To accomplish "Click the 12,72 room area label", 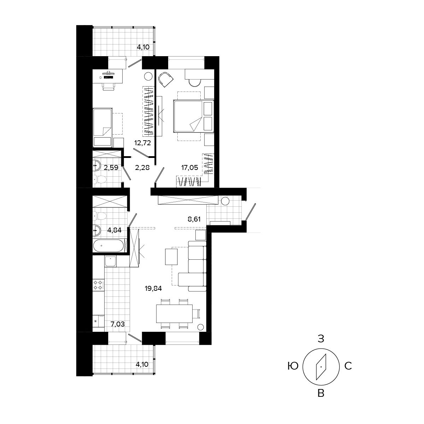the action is (x=143, y=143).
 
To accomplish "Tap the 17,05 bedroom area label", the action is (x=189, y=168).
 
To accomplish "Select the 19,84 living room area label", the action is (x=153, y=288).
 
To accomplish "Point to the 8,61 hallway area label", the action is (x=194, y=219).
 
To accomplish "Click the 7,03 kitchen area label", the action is (x=118, y=324).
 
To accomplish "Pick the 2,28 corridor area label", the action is (x=142, y=168).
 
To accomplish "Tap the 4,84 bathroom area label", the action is (x=114, y=230).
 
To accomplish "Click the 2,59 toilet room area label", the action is (x=111, y=168).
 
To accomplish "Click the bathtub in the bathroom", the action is (x=109, y=245).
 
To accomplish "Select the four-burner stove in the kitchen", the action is (x=99, y=284).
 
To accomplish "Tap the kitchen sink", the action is (x=111, y=261).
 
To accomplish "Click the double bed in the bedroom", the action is (x=194, y=116).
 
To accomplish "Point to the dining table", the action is (x=174, y=313).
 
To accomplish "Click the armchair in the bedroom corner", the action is (x=166, y=79).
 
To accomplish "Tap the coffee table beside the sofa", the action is (x=171, y=257).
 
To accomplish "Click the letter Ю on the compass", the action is (x=293, y=366).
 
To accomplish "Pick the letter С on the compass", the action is (x=348, y=366).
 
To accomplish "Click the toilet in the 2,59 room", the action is (x=99, y=180).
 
